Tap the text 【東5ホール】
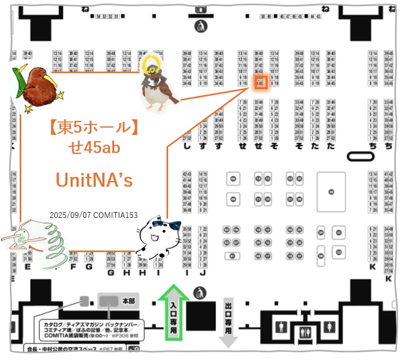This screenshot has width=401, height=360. (x=94, y=128)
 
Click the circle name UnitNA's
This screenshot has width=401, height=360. (x=94, y=180)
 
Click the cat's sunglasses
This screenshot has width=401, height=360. (x=169, y=226)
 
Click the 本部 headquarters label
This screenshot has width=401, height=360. (x=128, y=300)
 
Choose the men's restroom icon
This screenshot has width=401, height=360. (x=281, y=327)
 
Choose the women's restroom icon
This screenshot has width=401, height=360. (x=328, y=327)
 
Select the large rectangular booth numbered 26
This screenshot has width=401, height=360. (x=331, y=191)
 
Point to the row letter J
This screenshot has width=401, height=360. (x=203, y=272)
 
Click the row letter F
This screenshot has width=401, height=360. (x=73, y=267)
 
